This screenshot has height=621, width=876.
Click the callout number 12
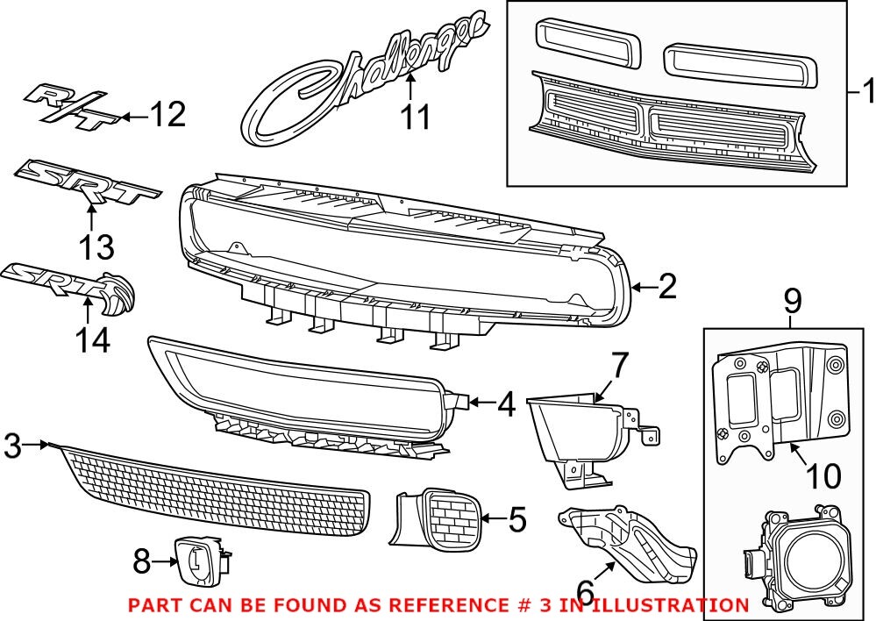tap(167, 115)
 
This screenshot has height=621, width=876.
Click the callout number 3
tap(12, 446)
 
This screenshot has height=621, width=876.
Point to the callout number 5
tap(517, 520)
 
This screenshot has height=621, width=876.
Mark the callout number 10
tap(823, 476)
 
